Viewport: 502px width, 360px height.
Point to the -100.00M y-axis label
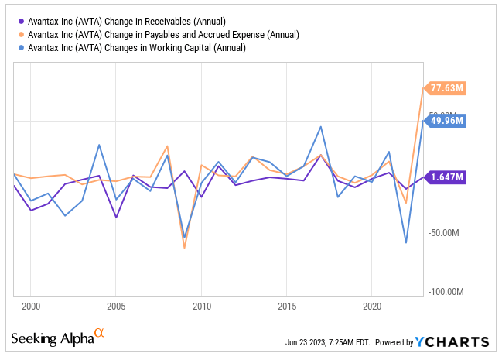[x=445, y=291]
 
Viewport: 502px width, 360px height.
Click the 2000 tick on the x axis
[x=31, y=306]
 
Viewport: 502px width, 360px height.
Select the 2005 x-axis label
[x=116, y=306]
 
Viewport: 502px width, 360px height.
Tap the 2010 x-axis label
[x=201, y=306]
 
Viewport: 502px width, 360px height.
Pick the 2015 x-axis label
[x=286, y=306]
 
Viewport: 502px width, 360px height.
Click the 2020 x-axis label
[x=372, y=306]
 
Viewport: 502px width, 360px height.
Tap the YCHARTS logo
[x=452, y=342]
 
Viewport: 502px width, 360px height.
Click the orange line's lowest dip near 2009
[x=184, y=248]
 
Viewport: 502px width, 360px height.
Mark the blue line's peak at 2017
[x=320, y=127]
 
